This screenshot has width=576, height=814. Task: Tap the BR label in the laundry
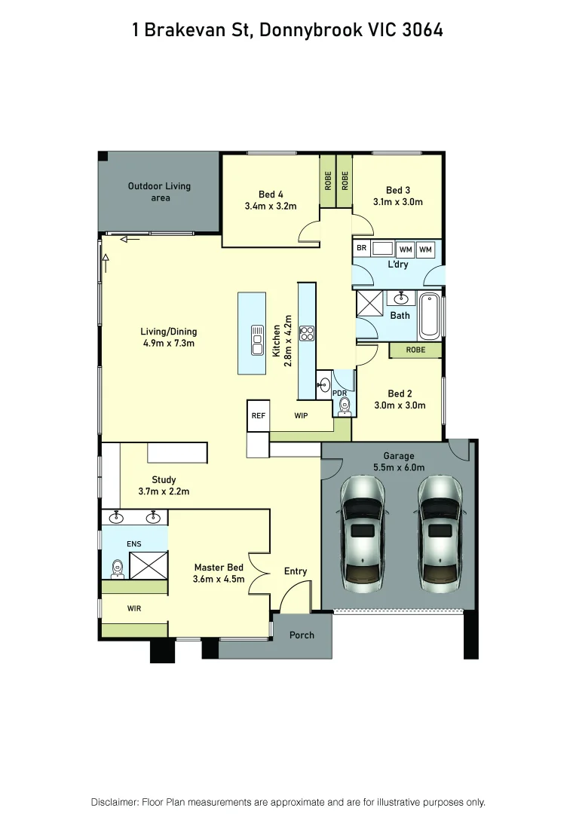tap(361, 248)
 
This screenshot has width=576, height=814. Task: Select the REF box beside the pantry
tap(259, 415)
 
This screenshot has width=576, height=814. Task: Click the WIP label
tap(301, 415)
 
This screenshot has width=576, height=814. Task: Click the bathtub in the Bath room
tap(430, 315)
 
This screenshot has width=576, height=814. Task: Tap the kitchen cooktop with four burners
tap(307, 333)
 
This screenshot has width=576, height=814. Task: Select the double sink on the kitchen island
tap(257, 340)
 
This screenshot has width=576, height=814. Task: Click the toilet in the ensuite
tap(117, 567)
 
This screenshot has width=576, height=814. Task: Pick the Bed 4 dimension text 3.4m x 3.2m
tap(271, 206)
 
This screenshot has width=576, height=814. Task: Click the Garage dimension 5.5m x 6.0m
tap(399, 467)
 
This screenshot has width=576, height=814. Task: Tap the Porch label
tap(302, 635)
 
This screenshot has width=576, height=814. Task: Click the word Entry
tap(296, 571)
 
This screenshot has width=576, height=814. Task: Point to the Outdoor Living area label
tap(159, 191)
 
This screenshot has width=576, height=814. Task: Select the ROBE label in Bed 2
tap(415, 350)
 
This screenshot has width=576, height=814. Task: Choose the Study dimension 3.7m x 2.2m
tap(164, 491)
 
